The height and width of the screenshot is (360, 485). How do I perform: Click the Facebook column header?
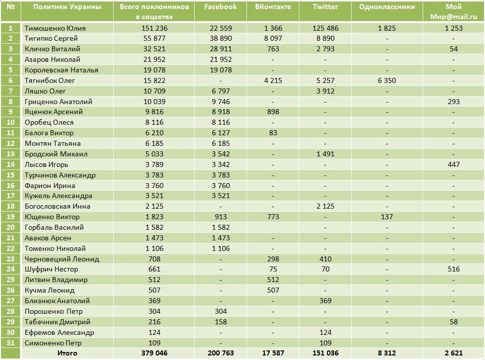click(x=220, y=7)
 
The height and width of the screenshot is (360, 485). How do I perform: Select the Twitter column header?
click(x=326, y=7)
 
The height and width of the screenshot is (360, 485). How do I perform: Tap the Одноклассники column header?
click(x=387, y=7)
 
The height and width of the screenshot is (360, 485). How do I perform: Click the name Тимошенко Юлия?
click(x=55, y=28)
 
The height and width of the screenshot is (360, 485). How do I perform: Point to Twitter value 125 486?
click(x=326, y=28)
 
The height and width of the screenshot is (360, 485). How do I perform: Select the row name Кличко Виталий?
click(x=53, y=49)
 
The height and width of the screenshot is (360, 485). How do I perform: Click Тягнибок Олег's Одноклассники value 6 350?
click(x=387, y=80)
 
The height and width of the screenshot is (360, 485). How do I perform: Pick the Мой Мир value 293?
click(x=454, y=102)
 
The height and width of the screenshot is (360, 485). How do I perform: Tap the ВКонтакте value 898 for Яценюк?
click(x=273, y=112)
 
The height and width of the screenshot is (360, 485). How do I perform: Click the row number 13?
click(x=11, y=154)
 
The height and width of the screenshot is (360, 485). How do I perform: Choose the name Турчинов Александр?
click(x=60, y=175)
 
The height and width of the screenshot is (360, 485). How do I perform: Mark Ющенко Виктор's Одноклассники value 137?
click(x=387, y=217)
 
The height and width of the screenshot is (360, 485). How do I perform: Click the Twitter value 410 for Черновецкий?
click(x=326, y=259)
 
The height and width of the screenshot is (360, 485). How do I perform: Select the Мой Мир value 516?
click(x=454, y=269)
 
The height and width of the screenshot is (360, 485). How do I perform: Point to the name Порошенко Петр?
click(x=54, y=312)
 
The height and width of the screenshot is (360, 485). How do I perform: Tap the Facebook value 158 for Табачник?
click(x=221, y=322)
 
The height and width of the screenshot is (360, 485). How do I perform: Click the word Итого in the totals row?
click(x=67, y=353)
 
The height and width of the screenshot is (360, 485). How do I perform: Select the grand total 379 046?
click(x=154, y=353)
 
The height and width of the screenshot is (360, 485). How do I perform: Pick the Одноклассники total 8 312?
click(x=387, y=353)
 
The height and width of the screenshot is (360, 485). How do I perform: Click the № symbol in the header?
click(x=11, y=7)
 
